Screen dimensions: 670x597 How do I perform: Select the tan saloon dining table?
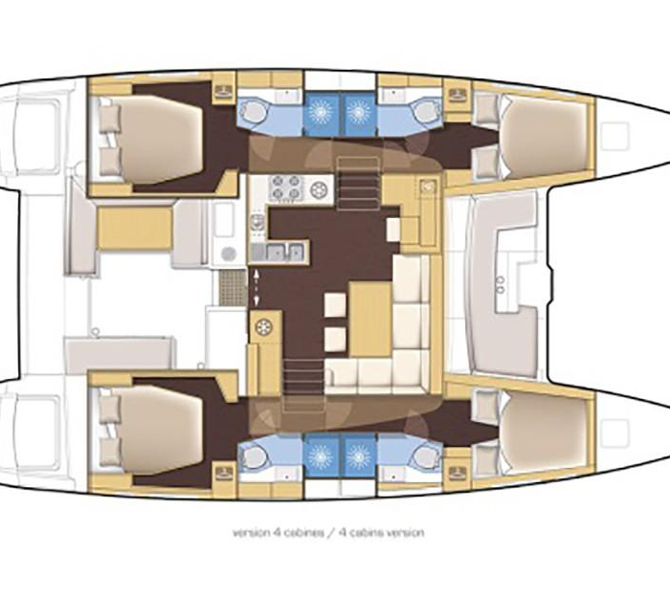(370, 319)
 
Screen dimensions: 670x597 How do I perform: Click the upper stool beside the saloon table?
(335, 305)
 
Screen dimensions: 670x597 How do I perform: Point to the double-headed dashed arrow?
(257, 287)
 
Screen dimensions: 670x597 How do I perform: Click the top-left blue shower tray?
(321, 112)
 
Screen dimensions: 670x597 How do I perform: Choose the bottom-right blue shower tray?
(359, 457)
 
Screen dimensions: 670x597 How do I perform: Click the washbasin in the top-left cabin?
(223, 91)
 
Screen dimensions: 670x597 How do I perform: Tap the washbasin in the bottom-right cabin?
(457, 473)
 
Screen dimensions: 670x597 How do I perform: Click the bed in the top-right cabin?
(543, 136)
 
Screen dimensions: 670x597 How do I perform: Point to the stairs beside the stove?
(358, 184)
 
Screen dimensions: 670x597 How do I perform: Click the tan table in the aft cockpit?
(135, 228)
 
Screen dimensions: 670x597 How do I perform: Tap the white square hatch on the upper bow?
(614, 136)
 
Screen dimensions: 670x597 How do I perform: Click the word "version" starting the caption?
(251, 533)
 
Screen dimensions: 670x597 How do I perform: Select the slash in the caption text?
(330, 533)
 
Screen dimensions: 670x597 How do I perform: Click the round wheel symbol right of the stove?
(319, 188)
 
